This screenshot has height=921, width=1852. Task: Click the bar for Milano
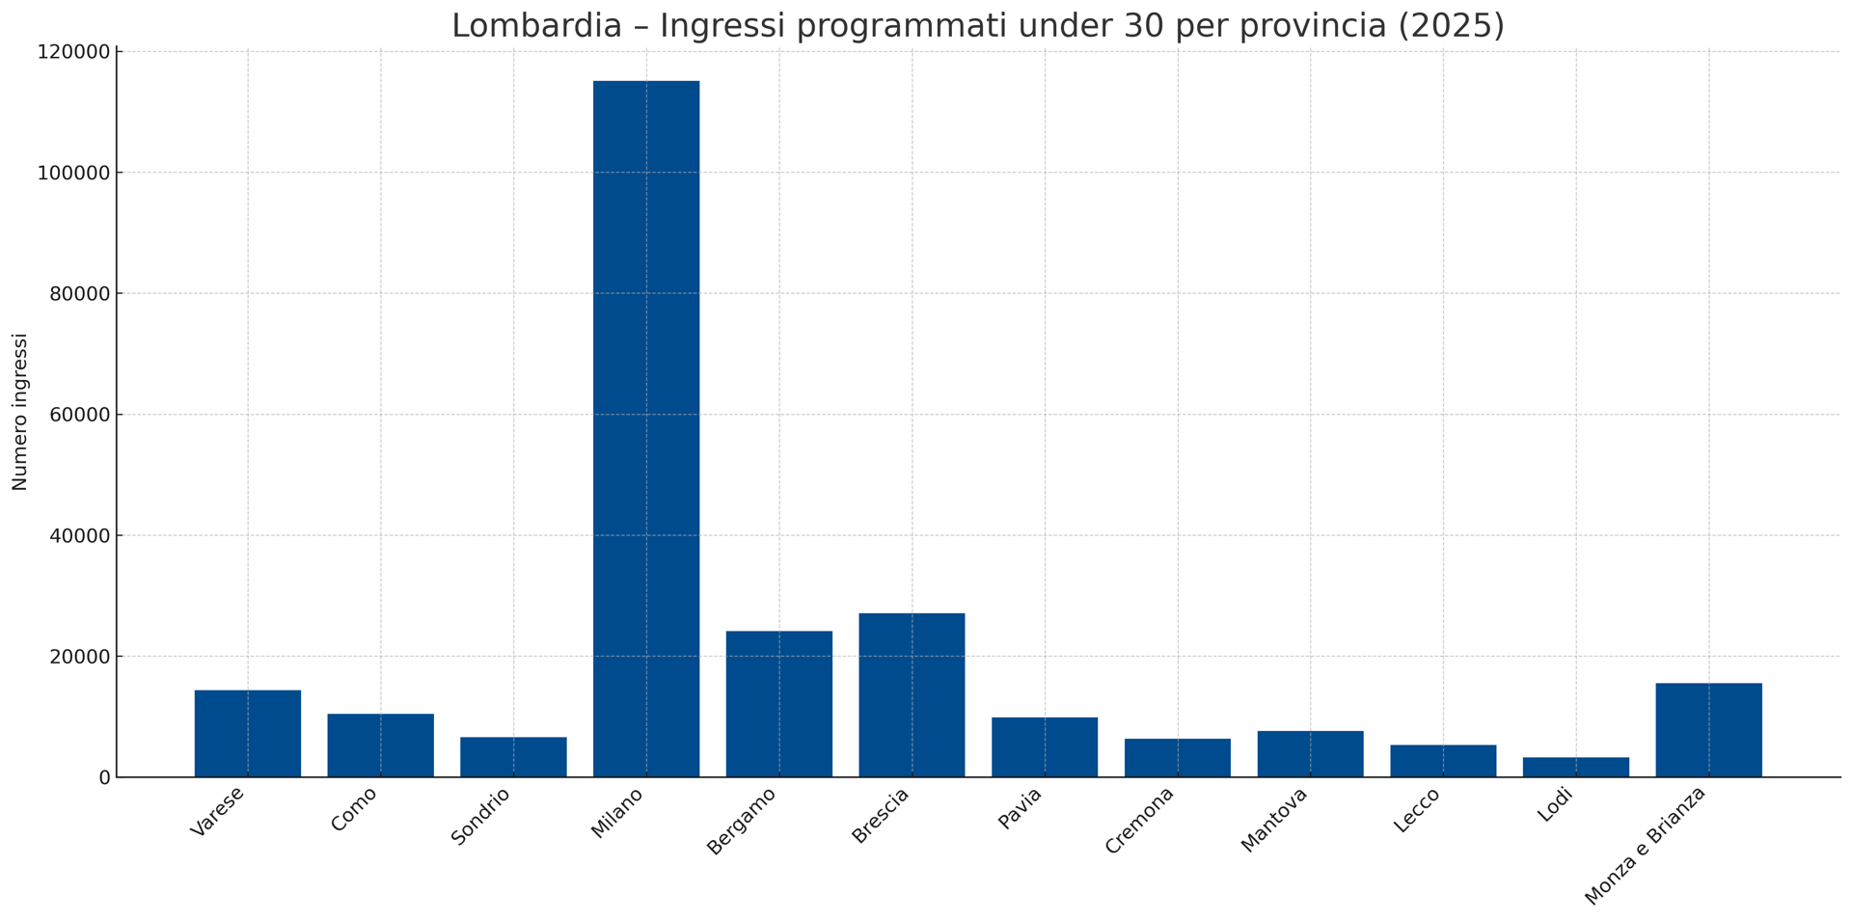coord(646,429)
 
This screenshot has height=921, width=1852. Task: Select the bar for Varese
coord(248,734)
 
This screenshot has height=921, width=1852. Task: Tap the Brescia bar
coord(912,695)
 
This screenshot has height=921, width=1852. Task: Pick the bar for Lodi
coord(1576,768)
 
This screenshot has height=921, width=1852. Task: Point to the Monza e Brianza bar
coord(1708,730)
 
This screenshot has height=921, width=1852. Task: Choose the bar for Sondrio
coord(513,757)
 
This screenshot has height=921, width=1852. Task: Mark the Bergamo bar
coord(779,704)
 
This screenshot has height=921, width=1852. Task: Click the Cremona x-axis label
coord(1140,821)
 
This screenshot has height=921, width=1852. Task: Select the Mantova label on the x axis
coord(1274,820)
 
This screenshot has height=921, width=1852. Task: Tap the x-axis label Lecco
coord(1417,810)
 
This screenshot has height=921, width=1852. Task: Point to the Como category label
coord(354,809)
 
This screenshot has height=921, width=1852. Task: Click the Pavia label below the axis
coord(1020,809)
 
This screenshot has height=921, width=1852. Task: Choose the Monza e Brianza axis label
coord(1646,846)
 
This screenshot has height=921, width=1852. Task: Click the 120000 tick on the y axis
coord(74,52)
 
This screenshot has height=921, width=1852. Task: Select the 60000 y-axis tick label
coord(80,415)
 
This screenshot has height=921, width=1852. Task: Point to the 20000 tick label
coord(80,657)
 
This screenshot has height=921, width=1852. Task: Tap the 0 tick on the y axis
coord(104,777)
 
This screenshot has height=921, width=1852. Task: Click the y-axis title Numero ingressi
coord(20,412)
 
